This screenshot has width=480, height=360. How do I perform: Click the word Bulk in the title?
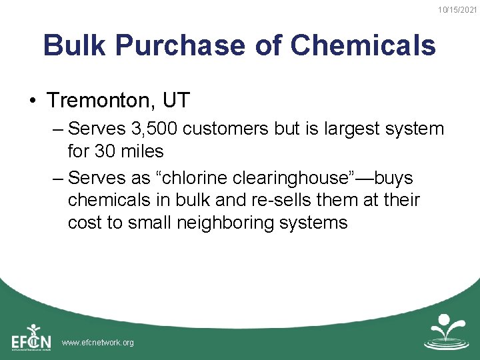pos(74,45)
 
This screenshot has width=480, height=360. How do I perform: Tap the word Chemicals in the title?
pos(363,45)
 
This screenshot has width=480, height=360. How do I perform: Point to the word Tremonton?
pos(100,101)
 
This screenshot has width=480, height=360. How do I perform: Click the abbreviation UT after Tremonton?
pos(176,101)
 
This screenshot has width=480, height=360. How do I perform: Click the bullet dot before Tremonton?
pos(32,101)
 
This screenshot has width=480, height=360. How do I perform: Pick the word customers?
pos(227,129)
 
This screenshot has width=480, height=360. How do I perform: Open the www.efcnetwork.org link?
pos(97,343)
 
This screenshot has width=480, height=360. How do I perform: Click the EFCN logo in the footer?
pos(31,337)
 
